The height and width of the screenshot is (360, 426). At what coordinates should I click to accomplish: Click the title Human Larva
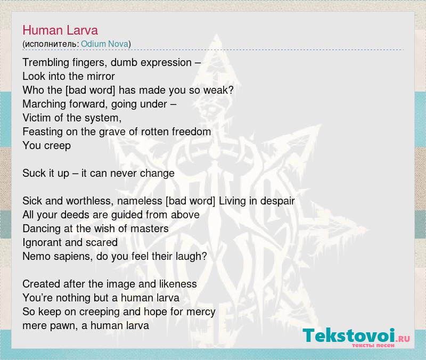60,30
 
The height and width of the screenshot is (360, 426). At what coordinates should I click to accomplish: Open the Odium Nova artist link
104,44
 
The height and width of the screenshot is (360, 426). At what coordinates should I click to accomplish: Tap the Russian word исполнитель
51,44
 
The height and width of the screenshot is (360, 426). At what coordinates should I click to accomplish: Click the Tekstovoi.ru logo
356,338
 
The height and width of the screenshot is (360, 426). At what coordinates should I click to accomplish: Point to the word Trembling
46,62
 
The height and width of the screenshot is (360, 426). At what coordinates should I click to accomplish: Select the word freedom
191,132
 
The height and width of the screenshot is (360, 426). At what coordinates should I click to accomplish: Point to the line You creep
47,145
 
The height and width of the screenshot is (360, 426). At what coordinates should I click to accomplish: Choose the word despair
277,201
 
